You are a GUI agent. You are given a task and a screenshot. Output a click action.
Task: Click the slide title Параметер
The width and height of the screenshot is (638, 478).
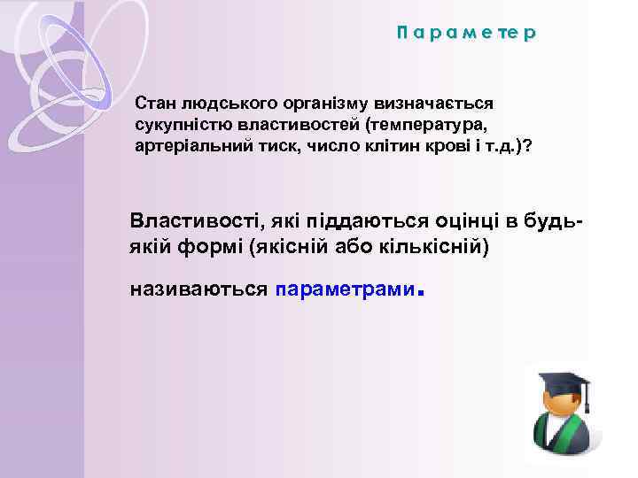(x=466, y=34)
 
